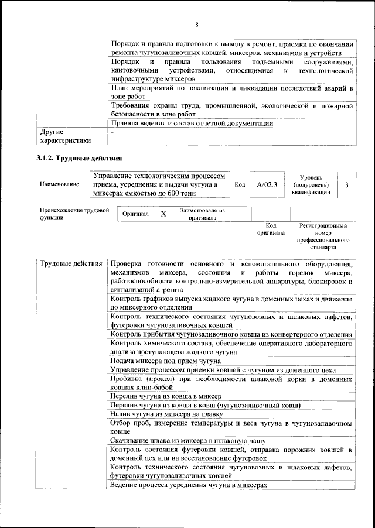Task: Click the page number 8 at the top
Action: (x=197, y=24)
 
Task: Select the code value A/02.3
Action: (x=267, y=185)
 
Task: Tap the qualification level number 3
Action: (x=347, y=185)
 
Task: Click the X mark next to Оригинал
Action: (x=163, y=214)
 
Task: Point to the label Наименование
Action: (x=59, y=185)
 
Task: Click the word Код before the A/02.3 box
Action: (x=240, y=185)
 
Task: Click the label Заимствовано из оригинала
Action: (x=203, y=214)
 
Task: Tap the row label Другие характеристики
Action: (x=65, y=136)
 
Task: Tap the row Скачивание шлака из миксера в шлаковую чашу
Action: (x=188, y=441)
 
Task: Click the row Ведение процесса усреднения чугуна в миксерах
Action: (x=188, y=485)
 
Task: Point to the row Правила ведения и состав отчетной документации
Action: (x=192, y=124)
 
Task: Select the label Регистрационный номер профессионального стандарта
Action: (x=323, y=236)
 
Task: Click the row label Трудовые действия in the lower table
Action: (x=70, y=265)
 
